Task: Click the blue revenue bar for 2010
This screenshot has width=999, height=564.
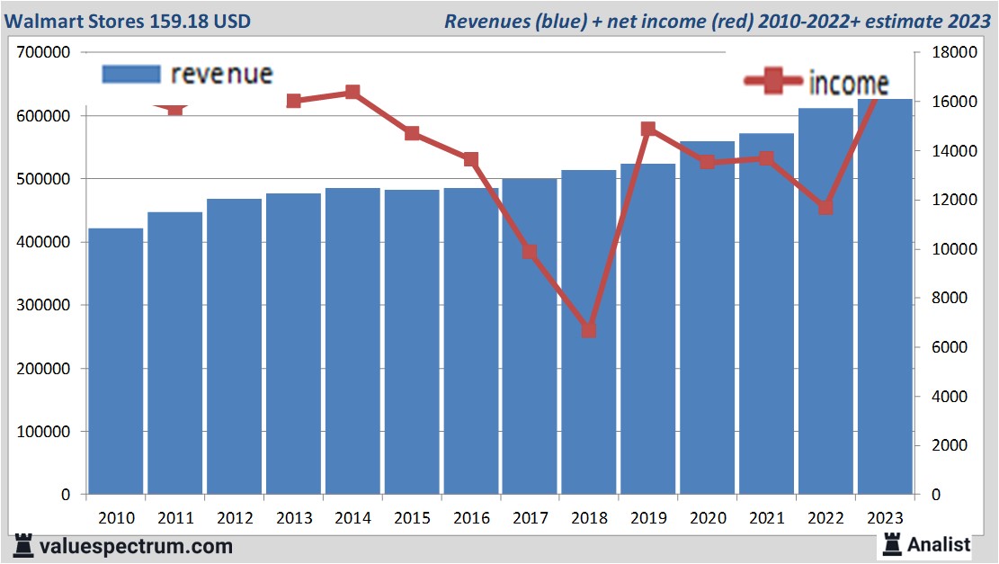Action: (x=116, y=360)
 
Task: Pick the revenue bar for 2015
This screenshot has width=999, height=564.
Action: (x=412, y=342)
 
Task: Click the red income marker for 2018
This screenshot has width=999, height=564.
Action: (x=589, y=330)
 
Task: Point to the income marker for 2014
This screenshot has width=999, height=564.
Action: (x=352, y=92)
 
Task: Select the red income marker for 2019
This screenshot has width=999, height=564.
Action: (x=648, y=129)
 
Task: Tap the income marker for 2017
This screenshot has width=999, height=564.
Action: (x=530, y=252)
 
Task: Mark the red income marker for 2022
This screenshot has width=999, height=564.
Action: (x=825, y=208)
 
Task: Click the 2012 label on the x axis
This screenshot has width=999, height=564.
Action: (x=235, y=518)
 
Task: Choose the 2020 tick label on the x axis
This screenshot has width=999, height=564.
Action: (x=707, y=518)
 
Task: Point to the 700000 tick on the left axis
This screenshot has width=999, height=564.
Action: (x=44, y=52)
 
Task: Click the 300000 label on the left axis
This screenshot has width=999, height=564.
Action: (x=44, y=305)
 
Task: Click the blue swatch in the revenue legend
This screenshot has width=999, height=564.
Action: (x=131, y=74)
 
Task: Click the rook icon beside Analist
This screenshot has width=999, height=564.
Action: (x=892, y=543)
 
